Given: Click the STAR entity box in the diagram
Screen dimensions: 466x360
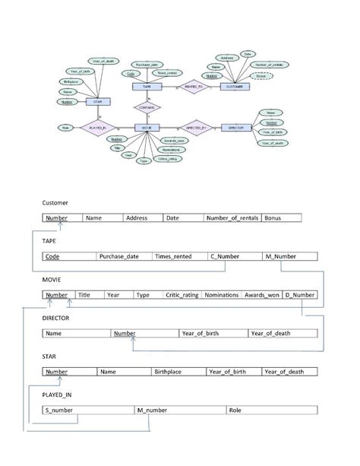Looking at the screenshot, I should [96, 101].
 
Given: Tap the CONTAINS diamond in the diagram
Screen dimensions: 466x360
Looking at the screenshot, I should [147, 107].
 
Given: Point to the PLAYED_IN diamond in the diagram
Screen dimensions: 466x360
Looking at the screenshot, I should [96, 128].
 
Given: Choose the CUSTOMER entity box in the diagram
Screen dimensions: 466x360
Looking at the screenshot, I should [235, 87].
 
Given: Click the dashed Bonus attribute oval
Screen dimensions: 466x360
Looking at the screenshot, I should [262, 76].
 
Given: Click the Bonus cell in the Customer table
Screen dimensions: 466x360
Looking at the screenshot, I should [281, 218].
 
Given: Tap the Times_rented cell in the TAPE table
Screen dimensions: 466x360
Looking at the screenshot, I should [180, 257].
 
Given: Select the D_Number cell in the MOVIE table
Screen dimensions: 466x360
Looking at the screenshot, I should [299, 295].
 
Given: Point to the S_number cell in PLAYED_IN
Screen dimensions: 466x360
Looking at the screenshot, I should [88, 411].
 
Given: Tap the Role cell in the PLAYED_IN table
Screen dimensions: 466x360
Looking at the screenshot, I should [270, 411].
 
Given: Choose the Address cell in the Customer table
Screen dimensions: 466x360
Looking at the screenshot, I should [142, 218].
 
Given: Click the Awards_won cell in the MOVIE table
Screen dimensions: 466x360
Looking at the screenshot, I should [261, 295].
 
